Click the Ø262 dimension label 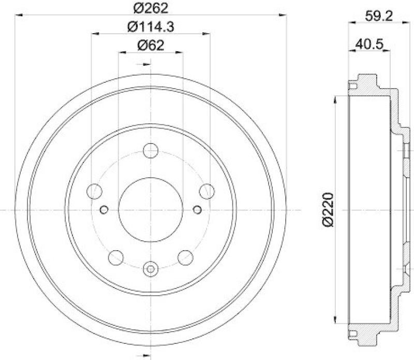click(151, 9)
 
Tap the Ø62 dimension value click(151, 46)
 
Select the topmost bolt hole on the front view click(151, 151)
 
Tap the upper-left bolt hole click(95, 191)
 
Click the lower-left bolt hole click(116, 257)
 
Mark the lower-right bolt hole click(185, 257)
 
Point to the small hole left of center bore click(103, 209)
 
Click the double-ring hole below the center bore click(151, 269)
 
